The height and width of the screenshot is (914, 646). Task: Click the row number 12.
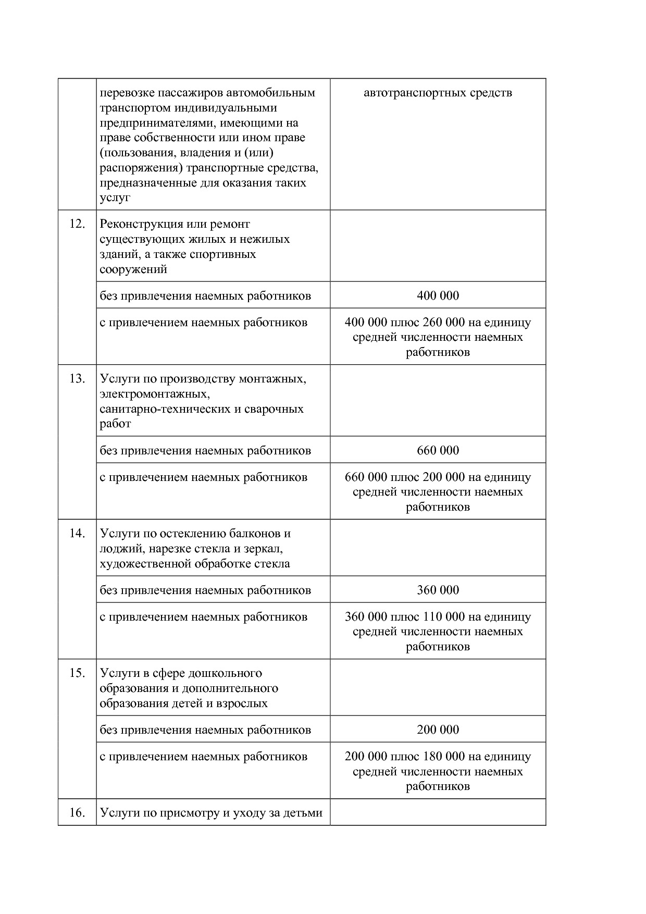coord(77,224)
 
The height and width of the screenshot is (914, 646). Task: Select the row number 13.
coord(77,379)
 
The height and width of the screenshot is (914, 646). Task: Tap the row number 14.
coord(77,534)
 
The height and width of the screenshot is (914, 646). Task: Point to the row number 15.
coord(77,673)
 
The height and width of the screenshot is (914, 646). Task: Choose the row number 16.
coord(77,813)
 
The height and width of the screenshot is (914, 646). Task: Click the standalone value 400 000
coord(438,296)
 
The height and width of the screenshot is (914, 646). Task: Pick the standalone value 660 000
coord(438,451)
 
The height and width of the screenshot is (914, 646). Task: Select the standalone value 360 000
coord(438,590)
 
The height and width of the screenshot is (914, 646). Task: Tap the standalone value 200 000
coord(438,730)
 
